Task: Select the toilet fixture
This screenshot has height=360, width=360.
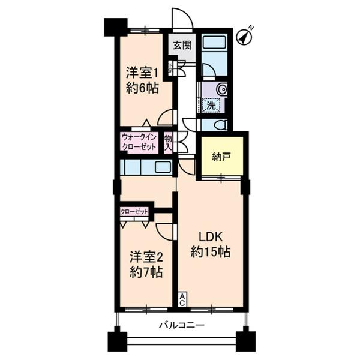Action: tap(218, 125)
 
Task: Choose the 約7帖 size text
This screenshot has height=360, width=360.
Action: tap(146, 273)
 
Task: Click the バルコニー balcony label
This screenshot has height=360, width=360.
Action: tap(182, 326)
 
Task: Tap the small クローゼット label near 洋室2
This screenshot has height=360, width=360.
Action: tap(134, 211)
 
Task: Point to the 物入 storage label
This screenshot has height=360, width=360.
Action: tap(168, 142)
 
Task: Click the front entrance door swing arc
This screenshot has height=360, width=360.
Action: tap(182, 18)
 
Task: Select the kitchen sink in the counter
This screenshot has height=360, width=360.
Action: tap(163, 166)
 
